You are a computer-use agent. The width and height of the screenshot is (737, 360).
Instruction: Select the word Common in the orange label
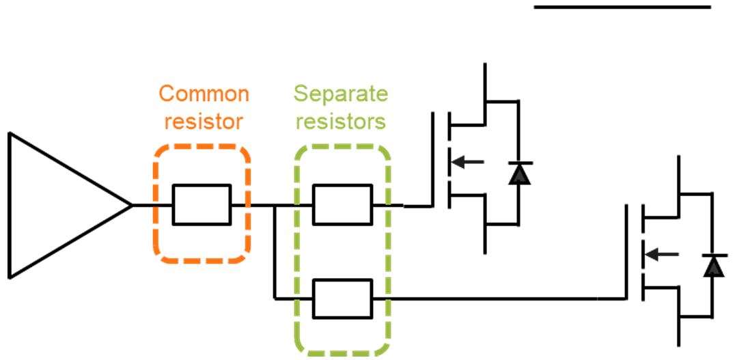[x=204, y=94]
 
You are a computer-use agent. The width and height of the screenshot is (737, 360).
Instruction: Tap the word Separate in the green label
[x=341, y=94]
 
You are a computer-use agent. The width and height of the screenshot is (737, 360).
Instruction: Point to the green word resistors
[x=341, y=122]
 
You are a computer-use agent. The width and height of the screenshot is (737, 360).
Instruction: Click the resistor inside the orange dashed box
[x=202, y=204]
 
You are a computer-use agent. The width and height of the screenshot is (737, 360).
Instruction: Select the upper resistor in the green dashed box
[x=342, y=204]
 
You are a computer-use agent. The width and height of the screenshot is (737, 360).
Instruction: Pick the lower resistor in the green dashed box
[x=342, y=299]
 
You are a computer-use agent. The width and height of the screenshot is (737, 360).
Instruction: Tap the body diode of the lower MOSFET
[x=713, y=264]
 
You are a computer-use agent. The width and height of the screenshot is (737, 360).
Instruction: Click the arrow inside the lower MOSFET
[x=663, y=255]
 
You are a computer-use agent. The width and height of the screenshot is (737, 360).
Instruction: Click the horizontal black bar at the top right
[x=622, y=8]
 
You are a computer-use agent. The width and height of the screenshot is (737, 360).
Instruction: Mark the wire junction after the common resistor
[x=274, y=205]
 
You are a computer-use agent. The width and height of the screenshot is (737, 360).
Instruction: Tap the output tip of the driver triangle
[x=130, y=205]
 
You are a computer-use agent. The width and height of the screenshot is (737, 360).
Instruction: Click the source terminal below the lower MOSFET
[x=679, y=335]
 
